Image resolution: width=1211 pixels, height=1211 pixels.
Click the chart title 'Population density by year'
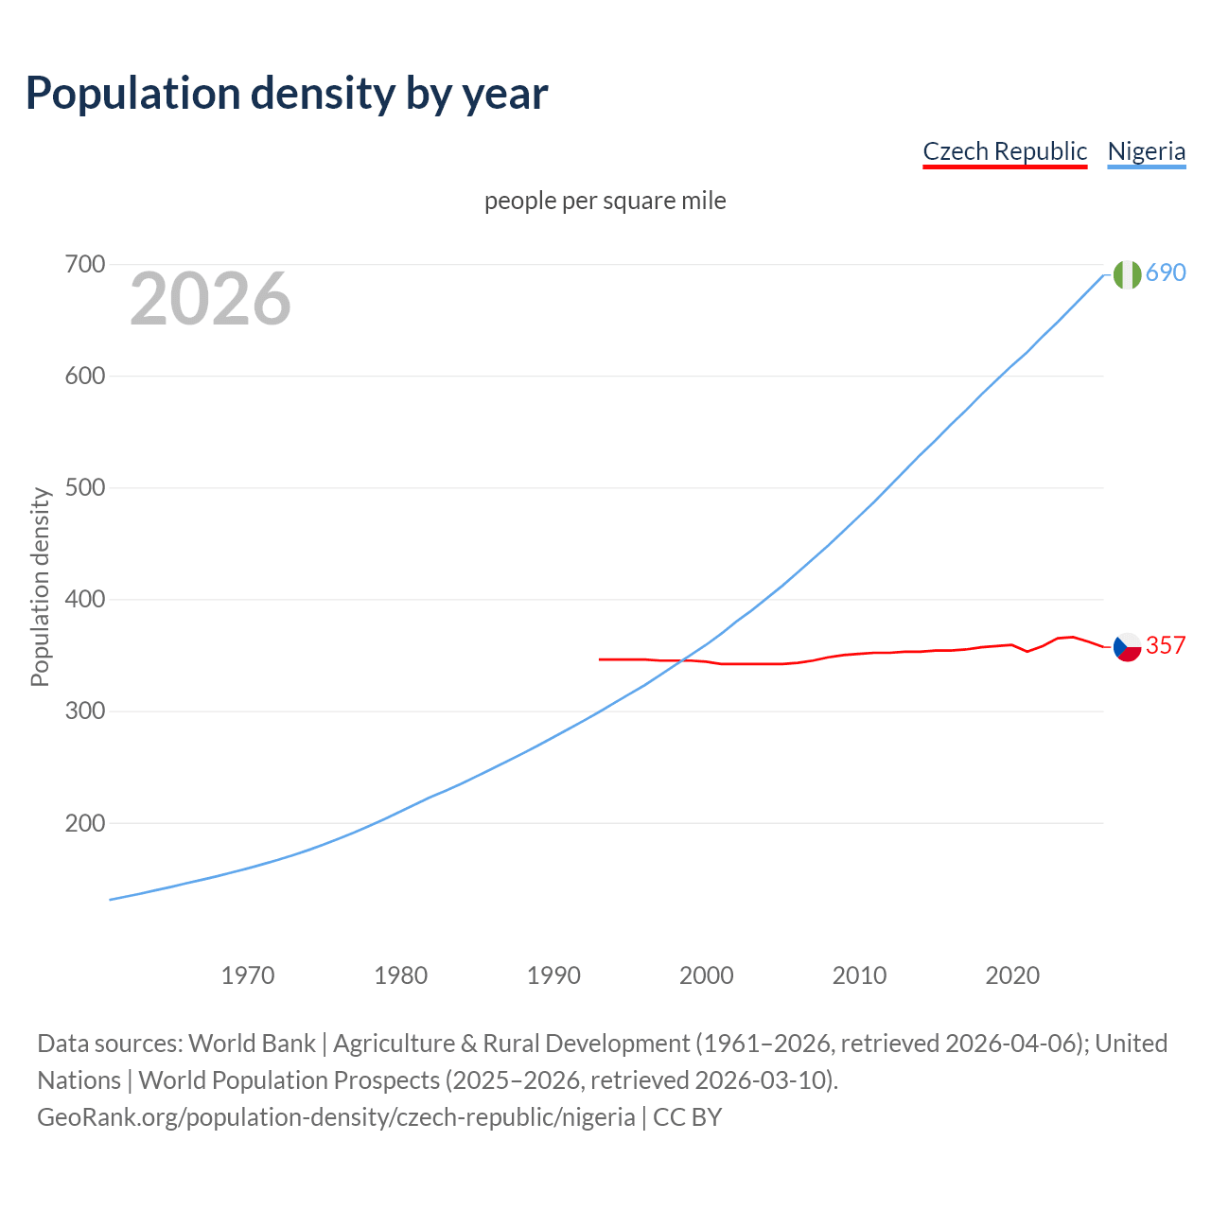point(287,93)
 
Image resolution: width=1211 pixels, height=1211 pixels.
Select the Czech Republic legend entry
point(1005,151)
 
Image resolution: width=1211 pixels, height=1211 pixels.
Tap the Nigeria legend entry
point(1146,151)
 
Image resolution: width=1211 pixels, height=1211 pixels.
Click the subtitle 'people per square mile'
point(605,201)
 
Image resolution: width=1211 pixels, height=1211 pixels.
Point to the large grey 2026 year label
point(210,299)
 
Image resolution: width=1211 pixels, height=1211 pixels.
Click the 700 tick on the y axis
point(84,264)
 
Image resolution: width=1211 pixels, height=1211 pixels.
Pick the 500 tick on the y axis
point(84,488)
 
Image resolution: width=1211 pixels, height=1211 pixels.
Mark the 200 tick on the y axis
point(84,823)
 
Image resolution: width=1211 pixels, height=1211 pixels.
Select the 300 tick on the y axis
point(84,711)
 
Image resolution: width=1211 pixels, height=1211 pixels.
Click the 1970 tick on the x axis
point(248,975)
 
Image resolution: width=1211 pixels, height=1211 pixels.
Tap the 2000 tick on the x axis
point(707,975)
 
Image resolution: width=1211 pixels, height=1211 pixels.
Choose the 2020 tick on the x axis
point(1012,975)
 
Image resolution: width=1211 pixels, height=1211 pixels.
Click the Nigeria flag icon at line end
point(1127,274)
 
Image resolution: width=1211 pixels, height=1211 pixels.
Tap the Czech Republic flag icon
point(1127,647)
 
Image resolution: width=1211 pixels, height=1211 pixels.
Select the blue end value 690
point(1166,272)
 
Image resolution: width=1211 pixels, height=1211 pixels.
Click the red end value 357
point(1166,645)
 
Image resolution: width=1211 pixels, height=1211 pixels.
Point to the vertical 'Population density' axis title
point(40,587)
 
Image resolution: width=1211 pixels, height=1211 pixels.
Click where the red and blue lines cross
point(682,660)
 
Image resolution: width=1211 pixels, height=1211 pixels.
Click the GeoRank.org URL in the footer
point(336,1117)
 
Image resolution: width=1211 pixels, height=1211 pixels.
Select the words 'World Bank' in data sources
point(252,1044)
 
